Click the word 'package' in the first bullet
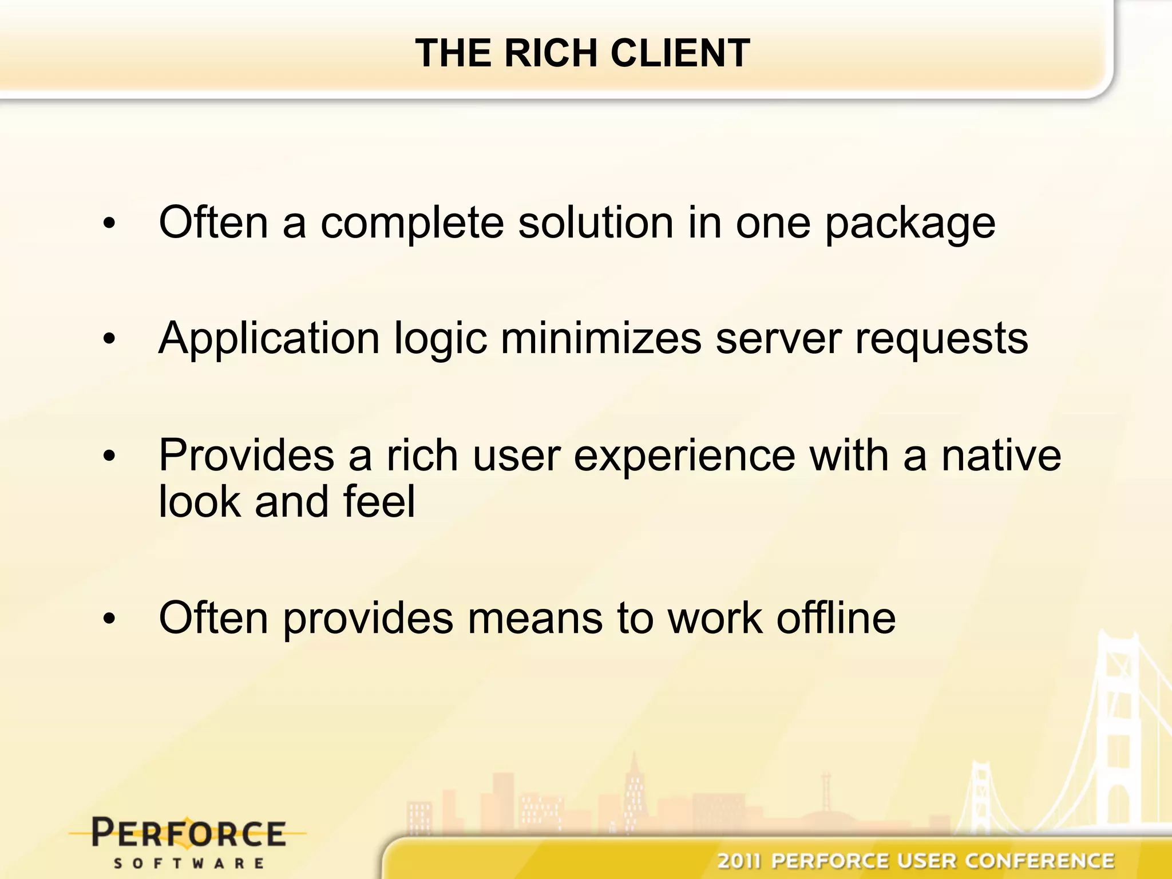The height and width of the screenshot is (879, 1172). [910, 224]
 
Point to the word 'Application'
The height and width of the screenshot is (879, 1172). [269, 339]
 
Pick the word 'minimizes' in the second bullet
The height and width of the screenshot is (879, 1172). [601, 338]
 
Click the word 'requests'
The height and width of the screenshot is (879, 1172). [941, 339]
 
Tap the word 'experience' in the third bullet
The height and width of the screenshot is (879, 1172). [684, 456]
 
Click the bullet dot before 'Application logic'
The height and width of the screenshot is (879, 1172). [109, 339]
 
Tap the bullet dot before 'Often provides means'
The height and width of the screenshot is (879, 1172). [109, 619]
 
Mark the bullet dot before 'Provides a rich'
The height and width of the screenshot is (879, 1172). [109, 456]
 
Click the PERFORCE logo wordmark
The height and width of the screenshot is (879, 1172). [188, 833]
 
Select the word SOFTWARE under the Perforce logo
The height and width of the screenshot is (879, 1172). [188, 863]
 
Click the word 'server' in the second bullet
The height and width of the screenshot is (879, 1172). [778, 339]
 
